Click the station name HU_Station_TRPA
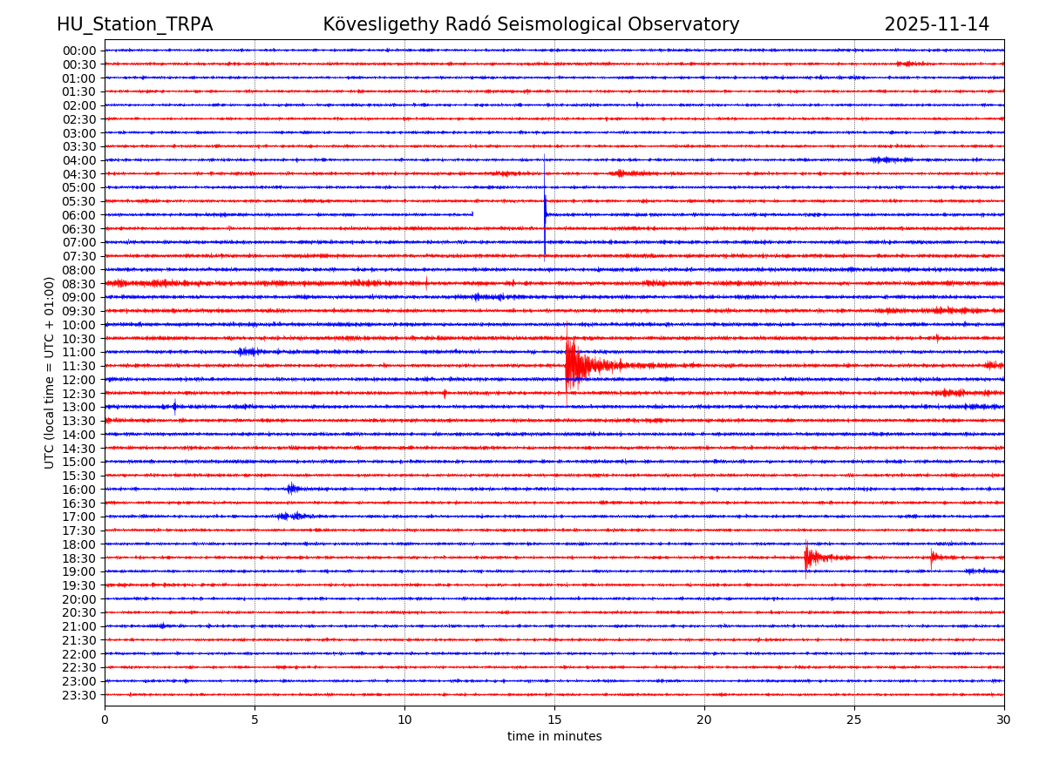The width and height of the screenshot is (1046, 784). (x=134, y=24)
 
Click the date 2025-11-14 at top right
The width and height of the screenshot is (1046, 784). (x=936, y=24)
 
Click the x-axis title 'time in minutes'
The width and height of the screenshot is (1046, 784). (x=554, y=736)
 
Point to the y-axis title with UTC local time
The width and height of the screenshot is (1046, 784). (x=50, y=372)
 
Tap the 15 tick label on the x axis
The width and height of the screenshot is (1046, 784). (x=554, y=720)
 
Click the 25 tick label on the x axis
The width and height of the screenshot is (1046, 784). (x=854, y=720)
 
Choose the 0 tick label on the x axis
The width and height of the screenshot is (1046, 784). (x=105, y=720)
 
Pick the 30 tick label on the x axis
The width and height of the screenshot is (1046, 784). (x=1003, y=720)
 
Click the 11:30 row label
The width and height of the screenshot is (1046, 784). (x=79, y=366)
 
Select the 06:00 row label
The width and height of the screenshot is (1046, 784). (x=79, y=215)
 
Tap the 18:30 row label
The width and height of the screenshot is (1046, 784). (x=79, y=558)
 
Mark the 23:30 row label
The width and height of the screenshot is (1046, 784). (x=79, y=695)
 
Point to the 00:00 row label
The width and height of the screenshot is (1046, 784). (x=79, y=51)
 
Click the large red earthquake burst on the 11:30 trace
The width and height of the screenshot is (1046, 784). (x=575, y=365)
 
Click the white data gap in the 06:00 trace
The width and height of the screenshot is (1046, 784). (x=507, y=214)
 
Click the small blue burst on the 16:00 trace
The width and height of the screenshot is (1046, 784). (x=292, y=489)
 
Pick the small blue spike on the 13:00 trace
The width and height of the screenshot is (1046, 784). (x=174, y=406)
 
